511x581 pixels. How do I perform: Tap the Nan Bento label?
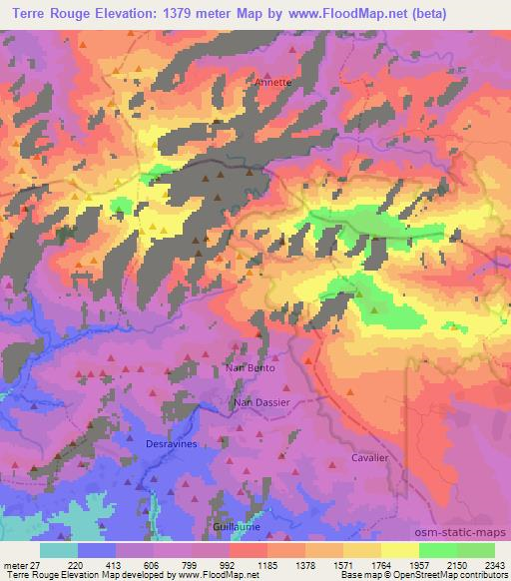250,367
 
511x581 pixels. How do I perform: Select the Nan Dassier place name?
261,402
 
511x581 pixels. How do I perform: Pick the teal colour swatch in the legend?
58,549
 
